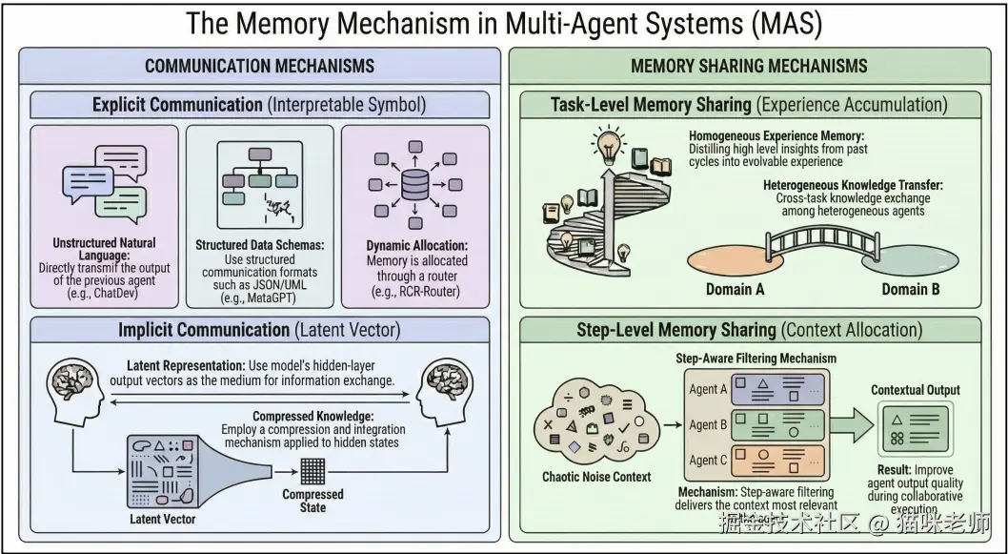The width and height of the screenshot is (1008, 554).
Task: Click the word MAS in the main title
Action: (784, 23)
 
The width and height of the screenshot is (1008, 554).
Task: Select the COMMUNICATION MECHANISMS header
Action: (259, 66)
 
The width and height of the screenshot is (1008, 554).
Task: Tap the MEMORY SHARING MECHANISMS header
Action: (749, 66)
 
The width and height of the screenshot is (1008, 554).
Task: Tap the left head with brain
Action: (74, 388)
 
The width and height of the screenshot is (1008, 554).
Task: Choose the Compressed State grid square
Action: (312, 471)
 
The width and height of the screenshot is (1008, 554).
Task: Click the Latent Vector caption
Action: (163, 519)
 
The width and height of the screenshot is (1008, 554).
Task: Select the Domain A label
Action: (735, 289)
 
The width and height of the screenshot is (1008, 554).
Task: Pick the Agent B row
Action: (756, 424)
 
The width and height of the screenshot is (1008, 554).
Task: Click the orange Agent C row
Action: (756, 461)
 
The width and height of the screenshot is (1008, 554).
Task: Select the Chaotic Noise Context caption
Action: (597, 476)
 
